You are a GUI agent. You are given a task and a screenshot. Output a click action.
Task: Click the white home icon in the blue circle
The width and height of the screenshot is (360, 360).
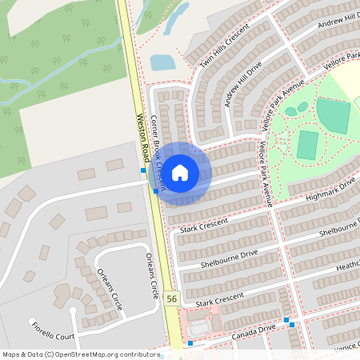tap(180, 172)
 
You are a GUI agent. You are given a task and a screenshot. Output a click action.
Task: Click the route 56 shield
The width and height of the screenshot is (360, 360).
tap(171, 298)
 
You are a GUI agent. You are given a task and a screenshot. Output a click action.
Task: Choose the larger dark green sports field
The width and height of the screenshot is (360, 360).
tap(333, 115)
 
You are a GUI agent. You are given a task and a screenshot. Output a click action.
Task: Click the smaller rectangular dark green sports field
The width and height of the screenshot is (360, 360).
tap(307, 145)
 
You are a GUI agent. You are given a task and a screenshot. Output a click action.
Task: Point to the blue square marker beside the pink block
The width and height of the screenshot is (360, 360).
tap(190, 343)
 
